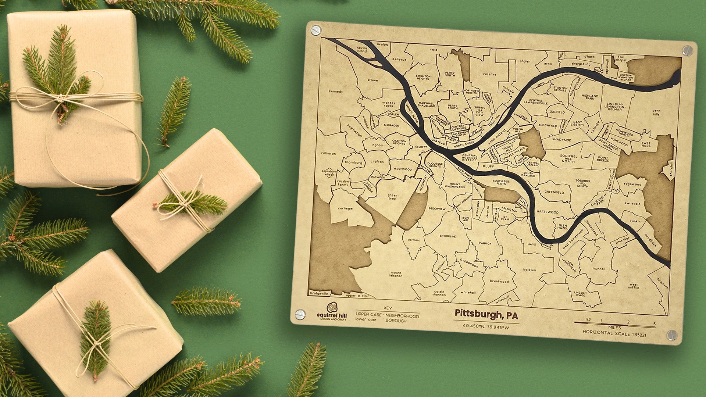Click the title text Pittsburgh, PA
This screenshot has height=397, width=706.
point(486,314)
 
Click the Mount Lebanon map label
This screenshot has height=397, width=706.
point(396,274)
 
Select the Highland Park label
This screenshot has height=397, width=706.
point(590,97)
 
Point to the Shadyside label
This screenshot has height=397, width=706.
point(561,140)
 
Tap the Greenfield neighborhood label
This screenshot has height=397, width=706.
point(554,192)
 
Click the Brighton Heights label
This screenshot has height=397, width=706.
point(423,77)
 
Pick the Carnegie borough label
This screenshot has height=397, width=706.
point(345,208)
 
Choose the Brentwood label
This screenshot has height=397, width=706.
point(499,282)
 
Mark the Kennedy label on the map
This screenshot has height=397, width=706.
point(335,92)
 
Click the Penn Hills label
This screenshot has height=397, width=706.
point(656,112)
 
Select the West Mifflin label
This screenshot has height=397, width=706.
point(634,286)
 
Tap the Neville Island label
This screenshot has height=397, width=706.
point(362,50)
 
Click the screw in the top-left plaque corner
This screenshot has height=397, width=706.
point(315,30)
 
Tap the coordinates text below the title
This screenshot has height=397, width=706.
point(486,326)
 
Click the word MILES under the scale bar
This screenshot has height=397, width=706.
point(614,328)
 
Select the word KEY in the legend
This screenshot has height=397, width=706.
point(388,308)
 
